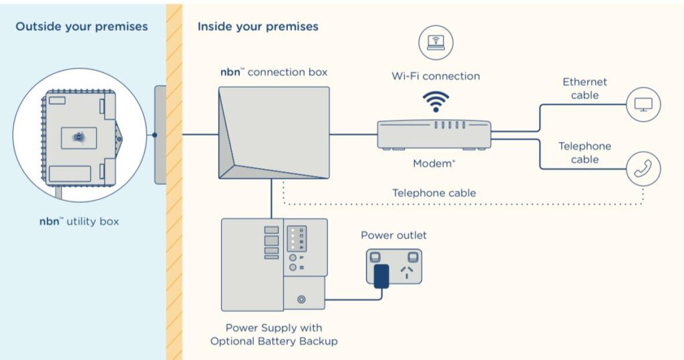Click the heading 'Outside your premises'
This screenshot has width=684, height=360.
(x=81, y=27)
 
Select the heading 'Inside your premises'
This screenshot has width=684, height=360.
(x=258, y=27)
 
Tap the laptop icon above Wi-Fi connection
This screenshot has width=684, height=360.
(x=436, y=43)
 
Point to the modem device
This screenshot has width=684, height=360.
(x=434, y=134)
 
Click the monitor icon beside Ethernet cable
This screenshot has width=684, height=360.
(x=643, y=105)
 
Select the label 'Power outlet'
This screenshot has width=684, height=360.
(x=393, y=235)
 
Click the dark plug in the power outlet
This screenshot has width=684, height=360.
(x=381, y=277)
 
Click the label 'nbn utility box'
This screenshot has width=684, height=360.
(x=79, y=220)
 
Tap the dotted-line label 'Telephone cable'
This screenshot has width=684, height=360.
(x=434, y=193)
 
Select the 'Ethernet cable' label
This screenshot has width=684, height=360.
(x=584, y=88)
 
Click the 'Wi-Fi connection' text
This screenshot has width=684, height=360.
(x=436, y=76)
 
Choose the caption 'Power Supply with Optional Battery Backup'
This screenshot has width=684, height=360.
(x=274, y=335)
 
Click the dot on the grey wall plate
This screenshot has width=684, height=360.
(x=154, y=134)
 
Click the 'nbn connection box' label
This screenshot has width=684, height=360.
(x=274, y=71)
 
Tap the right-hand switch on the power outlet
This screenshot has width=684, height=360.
(x=413, y=256)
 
